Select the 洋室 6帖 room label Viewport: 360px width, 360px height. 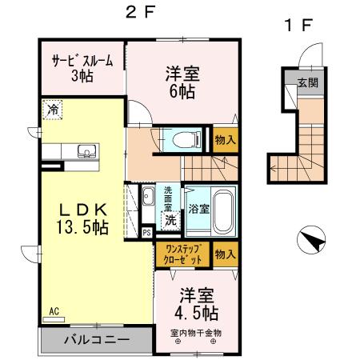[x=183, y=82]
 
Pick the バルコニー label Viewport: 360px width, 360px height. [x=96, y=338]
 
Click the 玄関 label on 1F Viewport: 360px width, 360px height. [x=308, y=82]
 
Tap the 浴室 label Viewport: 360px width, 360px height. [x=198, y=210]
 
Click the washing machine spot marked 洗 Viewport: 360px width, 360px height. [x=170, y=218]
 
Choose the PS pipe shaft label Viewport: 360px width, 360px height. [x=146, y=233]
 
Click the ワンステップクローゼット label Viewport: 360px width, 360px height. [x=183, y=254]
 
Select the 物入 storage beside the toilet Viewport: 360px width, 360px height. [x=225, y=140]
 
